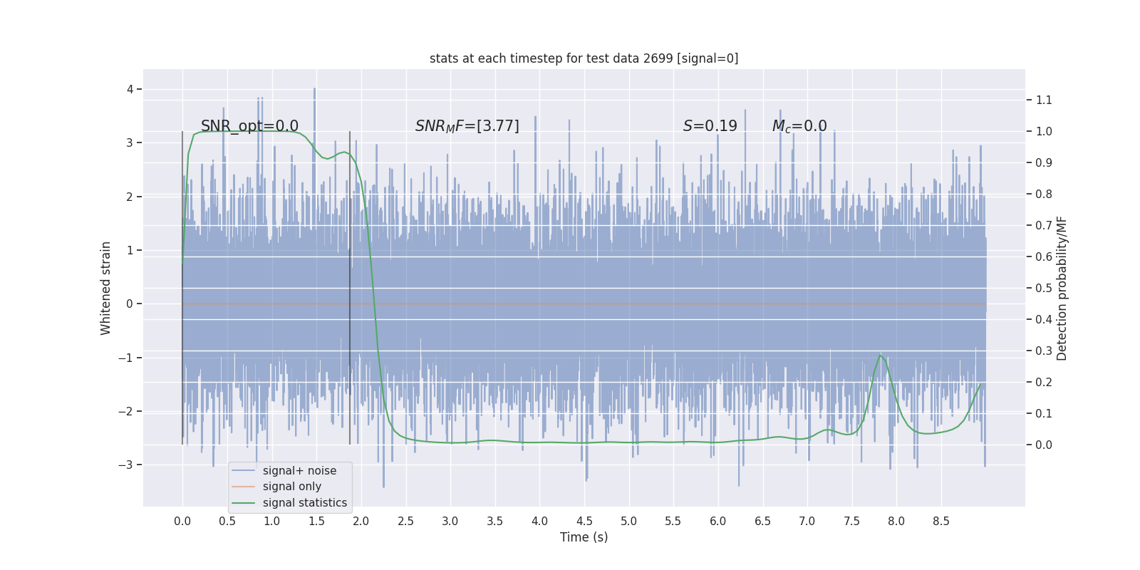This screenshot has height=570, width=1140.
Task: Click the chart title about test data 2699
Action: [584, 58]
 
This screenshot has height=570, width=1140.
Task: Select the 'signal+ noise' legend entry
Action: [299, 470]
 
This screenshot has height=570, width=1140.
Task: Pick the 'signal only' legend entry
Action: [291, 487]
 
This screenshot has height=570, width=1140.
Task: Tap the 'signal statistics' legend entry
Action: [304, 503]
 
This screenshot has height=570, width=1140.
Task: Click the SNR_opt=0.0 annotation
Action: [249, 126]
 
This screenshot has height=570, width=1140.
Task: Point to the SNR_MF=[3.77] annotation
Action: [467, 126]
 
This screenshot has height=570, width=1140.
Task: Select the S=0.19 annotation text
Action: [710, 126]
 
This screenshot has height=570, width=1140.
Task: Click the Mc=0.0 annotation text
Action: [799, 126]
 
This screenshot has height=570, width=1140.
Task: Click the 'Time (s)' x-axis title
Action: [584, 537]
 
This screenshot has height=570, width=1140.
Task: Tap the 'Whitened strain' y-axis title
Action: [106, 288]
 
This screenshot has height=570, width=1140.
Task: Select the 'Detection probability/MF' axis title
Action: [1062, 288]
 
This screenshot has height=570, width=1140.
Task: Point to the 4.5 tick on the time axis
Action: [584, 521]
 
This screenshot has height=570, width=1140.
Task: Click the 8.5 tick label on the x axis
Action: [940, 521]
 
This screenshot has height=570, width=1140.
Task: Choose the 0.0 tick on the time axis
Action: [182, 521]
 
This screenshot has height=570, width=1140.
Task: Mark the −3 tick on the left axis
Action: [125, 465]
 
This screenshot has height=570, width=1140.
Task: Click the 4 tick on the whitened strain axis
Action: [130, 89]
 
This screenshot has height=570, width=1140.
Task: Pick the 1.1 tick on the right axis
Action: [1044, 100]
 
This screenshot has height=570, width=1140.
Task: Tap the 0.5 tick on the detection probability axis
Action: [1044, 288]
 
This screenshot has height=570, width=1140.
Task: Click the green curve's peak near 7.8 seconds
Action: [881, 355]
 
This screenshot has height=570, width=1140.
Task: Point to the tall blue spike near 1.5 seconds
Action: [314, 90]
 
